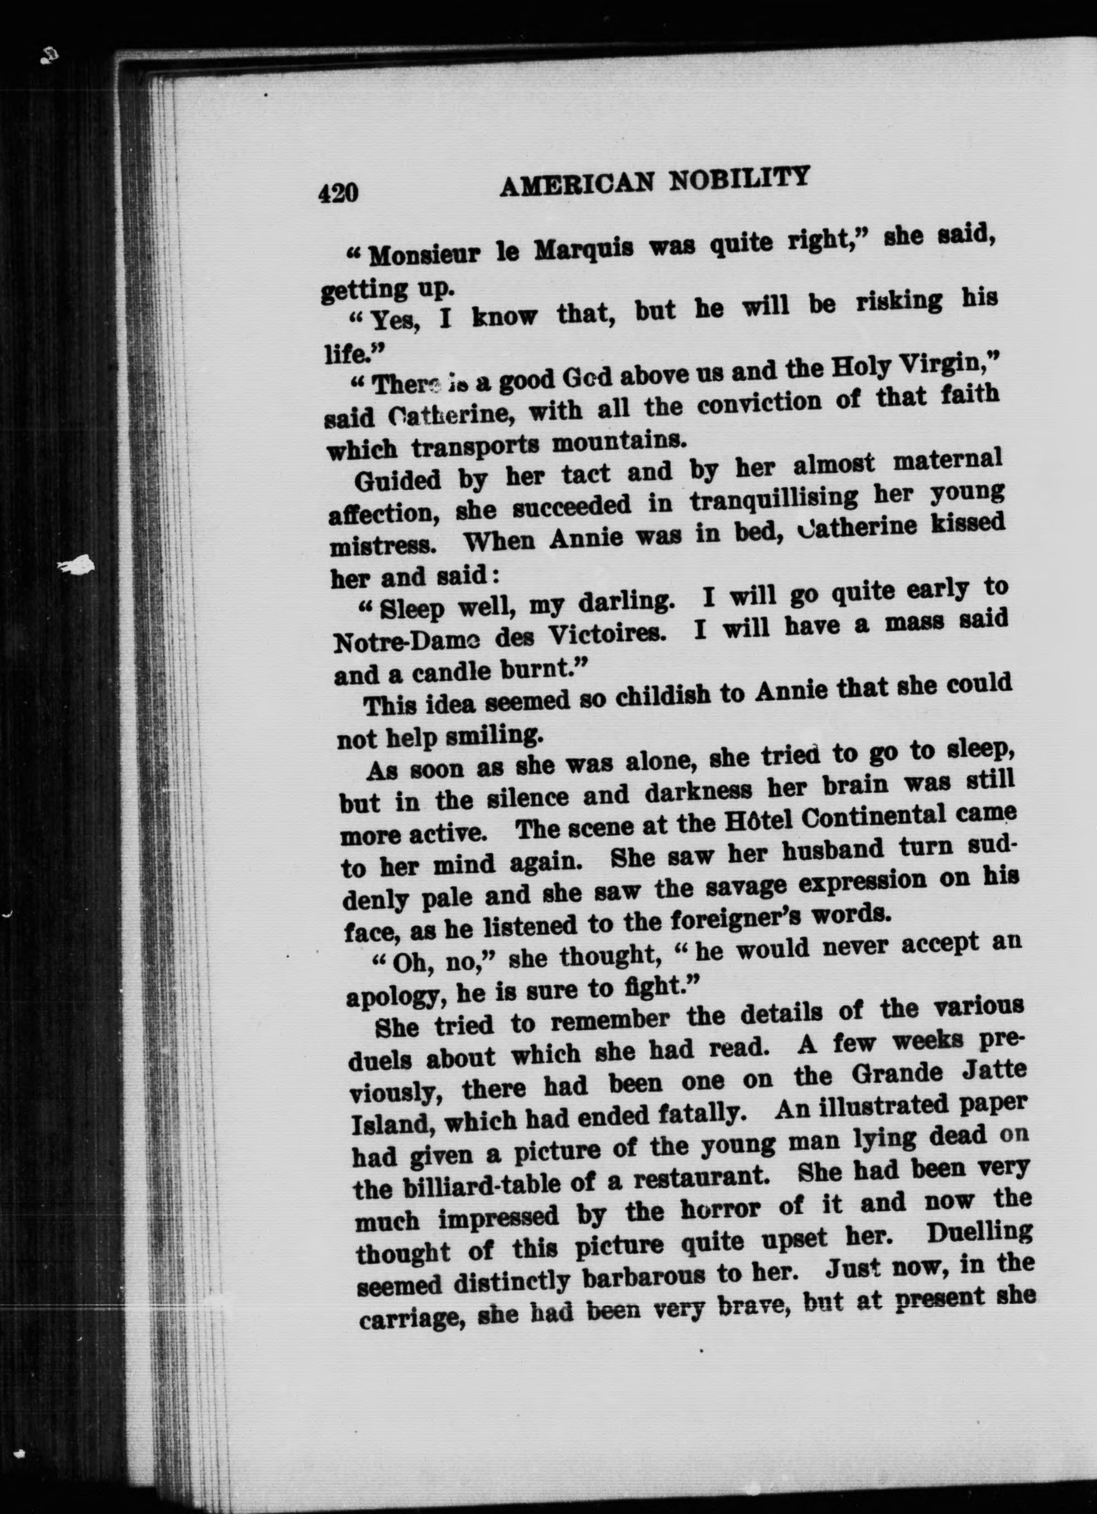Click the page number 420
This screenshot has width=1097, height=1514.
pos(339,193)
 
